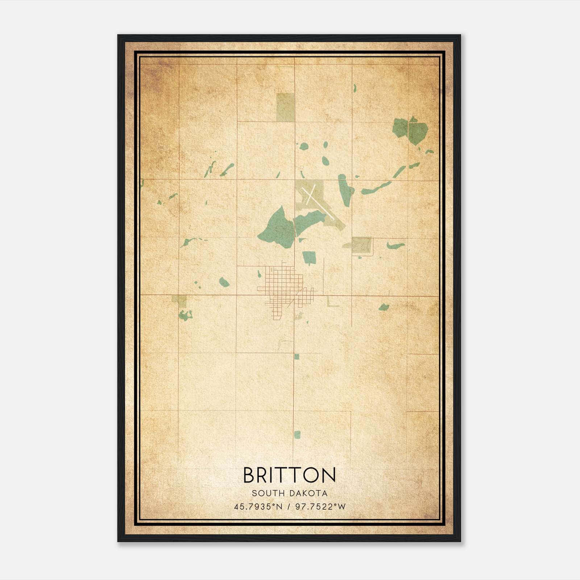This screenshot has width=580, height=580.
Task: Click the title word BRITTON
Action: point(289,475)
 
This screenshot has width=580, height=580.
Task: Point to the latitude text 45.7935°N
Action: point(258,507)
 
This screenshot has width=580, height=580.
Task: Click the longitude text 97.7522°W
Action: point(320,507)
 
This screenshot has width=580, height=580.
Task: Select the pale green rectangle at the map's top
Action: point(285,107)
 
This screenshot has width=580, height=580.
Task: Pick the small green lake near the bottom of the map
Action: point(297,435)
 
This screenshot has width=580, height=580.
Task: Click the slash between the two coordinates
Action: point(289,507)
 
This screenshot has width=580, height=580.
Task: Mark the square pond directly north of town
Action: point(309,257)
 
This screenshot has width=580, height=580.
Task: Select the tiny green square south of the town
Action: point(297,357)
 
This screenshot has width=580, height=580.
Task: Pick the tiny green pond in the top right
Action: point(355,88)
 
